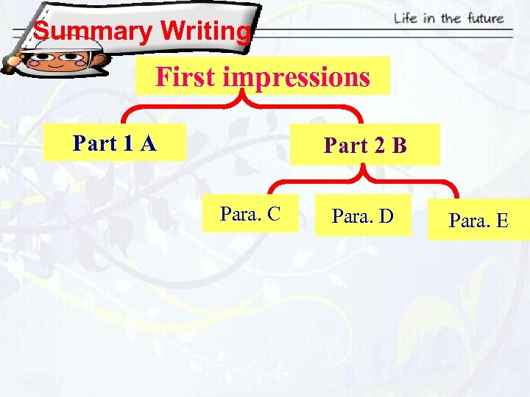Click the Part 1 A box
coord(114,143)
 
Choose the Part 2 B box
coord(366,146)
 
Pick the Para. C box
coord(250,214)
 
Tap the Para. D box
coord(363,216)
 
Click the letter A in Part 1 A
coord(147,143)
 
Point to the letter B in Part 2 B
coord(399,146)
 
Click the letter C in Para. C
coord(272,214)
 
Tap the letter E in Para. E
coord(501,221)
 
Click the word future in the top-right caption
coord(483,18)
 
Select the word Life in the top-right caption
coord(407,18)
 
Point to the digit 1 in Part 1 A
coord(128,143)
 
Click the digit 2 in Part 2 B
coord(380,146)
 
